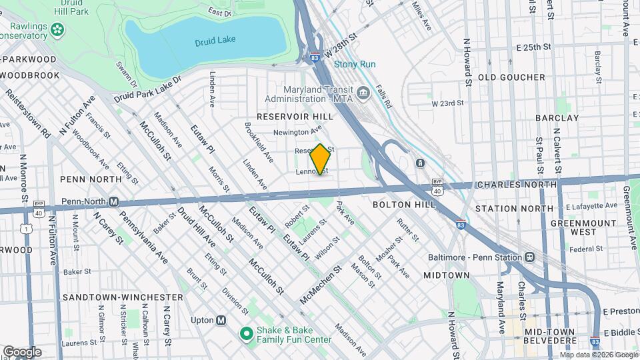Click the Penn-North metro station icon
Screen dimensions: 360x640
pos(114,201)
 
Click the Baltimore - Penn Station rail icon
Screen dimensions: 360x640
pos(529,257)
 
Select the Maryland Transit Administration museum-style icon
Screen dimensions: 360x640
pos(363,92)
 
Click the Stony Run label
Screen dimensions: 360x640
pos(355,64)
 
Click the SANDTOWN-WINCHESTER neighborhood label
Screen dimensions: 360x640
pos(123,297)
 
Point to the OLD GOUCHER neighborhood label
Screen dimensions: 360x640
pos(511,77)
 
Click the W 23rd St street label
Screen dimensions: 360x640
pos(447,103)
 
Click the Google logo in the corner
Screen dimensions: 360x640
pos(22,351)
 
